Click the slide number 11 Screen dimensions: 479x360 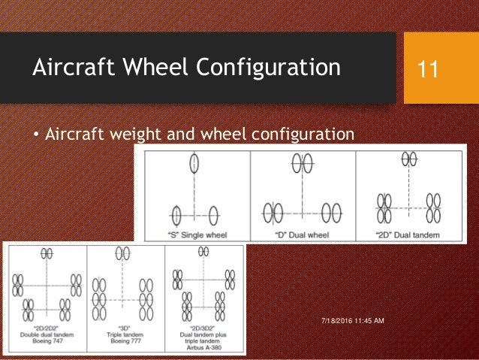point(429,70)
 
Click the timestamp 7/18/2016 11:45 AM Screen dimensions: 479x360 point(350,321)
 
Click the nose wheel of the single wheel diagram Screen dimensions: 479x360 point(194,164)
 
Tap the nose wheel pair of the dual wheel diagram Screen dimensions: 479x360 point(303,163)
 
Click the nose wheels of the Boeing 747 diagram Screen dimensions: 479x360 point(47,253)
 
